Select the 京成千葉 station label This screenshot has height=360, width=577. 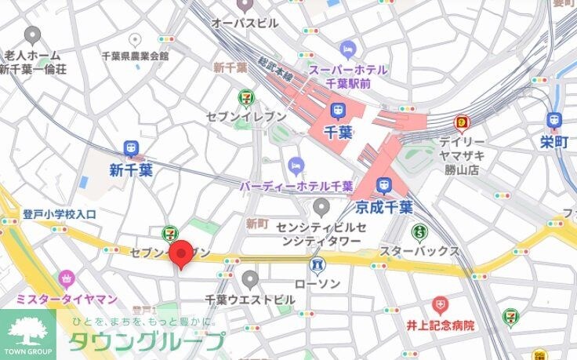(383, 208)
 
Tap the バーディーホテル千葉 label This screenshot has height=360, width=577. (296, 186)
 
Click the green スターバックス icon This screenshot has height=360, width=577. (419, 231)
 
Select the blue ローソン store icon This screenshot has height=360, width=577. (318, 264)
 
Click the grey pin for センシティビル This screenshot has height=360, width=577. (321, 207)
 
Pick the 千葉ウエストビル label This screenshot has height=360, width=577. (250, 300)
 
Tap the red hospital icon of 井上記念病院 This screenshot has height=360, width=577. (441, 304)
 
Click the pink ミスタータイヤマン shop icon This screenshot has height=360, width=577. (67, 278)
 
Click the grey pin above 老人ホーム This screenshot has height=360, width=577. (32, 35)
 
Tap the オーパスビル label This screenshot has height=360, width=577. (245, 24)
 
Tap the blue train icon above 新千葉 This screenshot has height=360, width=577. (131, 148)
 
